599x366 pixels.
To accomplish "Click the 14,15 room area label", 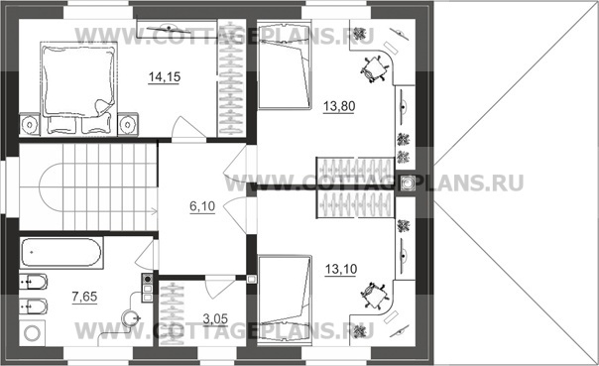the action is tap(165, 76).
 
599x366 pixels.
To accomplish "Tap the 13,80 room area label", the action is tap(339, 106).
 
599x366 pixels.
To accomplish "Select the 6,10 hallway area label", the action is tap(202, 206).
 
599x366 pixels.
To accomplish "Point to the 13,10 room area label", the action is tap(341, 269).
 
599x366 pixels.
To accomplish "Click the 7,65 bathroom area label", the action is tap(84, 297).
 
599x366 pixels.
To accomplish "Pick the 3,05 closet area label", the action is tap(215, 318).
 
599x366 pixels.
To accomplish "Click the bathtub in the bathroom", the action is tap(61, 252).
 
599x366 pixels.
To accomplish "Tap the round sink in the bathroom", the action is tap(130, 317).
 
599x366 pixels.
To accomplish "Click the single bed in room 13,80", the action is tap(284, 66).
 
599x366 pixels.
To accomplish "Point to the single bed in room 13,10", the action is tap(284, 301).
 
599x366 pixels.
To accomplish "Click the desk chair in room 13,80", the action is tap(373, 68).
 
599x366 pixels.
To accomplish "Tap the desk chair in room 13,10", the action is tap(373, 296).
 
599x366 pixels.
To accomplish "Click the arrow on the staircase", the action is tap(155, 210).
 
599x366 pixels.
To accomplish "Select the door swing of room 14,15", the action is tap(188, 127).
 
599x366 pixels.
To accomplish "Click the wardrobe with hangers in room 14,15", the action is tap(231, 78).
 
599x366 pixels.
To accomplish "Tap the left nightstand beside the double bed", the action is tap(30, 124).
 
